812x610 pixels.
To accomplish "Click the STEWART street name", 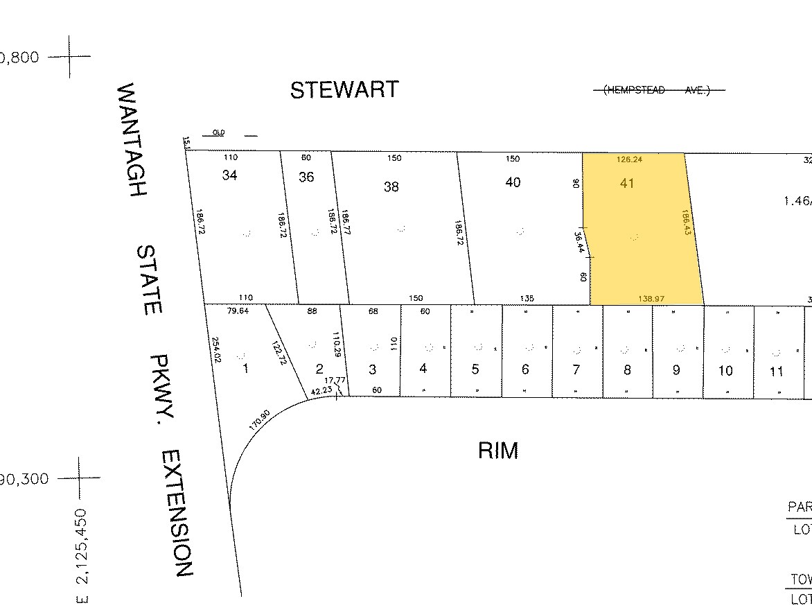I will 344,90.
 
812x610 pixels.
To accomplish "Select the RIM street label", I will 498,451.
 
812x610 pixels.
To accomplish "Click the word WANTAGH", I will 130,140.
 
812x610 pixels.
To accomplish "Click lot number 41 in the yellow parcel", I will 628,184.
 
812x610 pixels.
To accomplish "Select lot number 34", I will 230,175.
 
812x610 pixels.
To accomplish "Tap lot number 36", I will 306,177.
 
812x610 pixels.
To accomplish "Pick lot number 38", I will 391,186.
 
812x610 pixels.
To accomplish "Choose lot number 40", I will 513,182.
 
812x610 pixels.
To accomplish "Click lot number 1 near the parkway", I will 245,369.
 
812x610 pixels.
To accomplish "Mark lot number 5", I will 475,369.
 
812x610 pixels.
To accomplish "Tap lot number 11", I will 777,372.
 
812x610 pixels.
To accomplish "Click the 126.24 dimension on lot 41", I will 630,159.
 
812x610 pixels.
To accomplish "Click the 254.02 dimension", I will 215,350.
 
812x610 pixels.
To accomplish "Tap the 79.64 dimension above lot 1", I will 238,311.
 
